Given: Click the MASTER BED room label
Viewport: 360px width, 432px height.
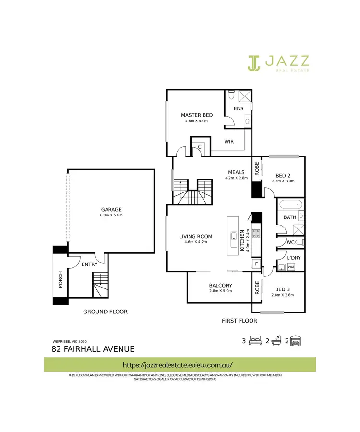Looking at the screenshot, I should tap(196, 115).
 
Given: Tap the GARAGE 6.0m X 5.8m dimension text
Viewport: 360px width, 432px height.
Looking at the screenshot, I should tap(111, 215).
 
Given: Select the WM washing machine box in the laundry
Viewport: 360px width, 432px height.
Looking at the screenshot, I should tap(291, 267).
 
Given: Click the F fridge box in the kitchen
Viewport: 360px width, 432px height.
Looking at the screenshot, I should tap(256, 264).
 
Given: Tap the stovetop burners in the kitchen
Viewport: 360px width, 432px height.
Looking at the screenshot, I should tap(256, 234).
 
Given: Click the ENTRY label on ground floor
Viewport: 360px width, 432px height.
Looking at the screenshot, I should tap(90, 264).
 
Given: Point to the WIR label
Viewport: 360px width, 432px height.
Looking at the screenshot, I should tap(229, 142).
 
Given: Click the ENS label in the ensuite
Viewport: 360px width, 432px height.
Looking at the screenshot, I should tap(239, 108).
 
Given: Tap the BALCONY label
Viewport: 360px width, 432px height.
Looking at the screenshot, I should tap(220, 286).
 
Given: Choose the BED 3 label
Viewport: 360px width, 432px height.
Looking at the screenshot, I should tap(282, 289).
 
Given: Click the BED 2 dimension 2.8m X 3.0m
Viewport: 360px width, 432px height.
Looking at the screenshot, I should tap(282, 181).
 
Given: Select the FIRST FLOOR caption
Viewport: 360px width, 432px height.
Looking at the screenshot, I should tap(239, 321).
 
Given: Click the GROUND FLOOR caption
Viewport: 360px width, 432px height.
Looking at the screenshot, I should tap(105, 312).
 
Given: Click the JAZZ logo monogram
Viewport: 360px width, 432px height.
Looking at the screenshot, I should tap(254, 62).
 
